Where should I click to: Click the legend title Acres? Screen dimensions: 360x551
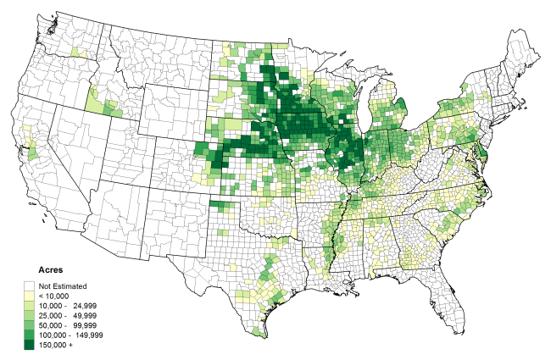coord(39,270)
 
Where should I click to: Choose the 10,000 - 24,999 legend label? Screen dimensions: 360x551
coord(72,306)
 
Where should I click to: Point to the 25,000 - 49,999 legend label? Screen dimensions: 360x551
coord(72,316)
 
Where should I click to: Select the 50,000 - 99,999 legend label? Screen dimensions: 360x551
coord(72,325)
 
